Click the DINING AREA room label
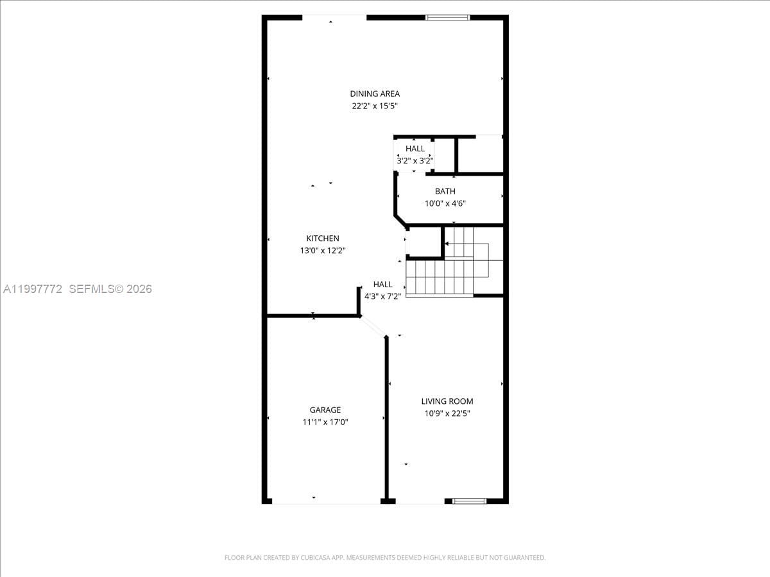pos(375,94)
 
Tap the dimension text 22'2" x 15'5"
pos(375,106)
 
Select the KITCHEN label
pos(323,238)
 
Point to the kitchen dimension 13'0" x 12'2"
pos(323,251)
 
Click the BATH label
pos(445,191)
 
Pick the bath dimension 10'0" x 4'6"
pos(445,203)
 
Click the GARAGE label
pos(325,410)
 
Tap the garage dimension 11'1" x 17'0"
pos(325,422)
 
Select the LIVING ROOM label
pos(447,401)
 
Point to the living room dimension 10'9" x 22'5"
pos(447,414)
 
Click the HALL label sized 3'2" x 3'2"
pos(415,149)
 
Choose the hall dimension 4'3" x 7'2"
pos(383,296)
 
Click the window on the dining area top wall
pos(448,17)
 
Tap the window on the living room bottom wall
pos(470,501)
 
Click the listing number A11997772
pos(33,289)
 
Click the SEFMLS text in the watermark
pos(91,289)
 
